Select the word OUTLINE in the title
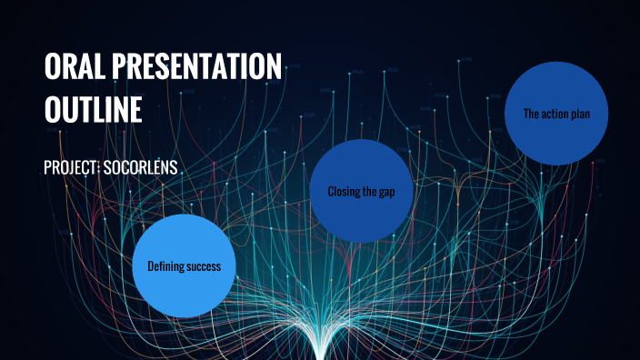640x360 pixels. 94,109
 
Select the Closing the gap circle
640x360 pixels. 362,191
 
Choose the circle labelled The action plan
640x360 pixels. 555,114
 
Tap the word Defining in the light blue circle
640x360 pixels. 166,266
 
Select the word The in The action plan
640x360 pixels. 532,115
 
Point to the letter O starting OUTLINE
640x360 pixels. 53,109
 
